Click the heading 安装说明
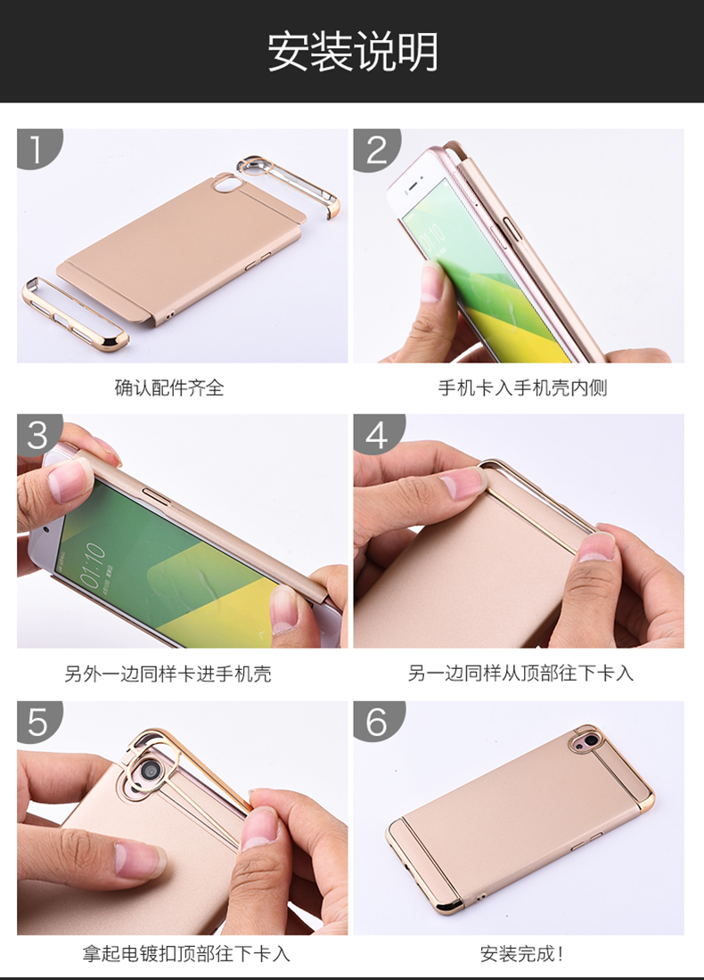tap(353, 52)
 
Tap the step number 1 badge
tap(37, 148)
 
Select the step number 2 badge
tap(376, 149)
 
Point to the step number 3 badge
tap(37, 435)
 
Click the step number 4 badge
tap(376, 435)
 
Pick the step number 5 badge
tap(37, 722)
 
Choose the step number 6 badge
tap(376, 722)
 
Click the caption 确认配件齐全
tap(169, 388)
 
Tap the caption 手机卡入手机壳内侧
tap(523, 388)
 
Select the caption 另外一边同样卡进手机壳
tap(168, 674)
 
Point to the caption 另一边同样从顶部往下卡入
tap(520, 674)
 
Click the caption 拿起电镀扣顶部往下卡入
tap(186, 953)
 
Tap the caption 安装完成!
tap(522, 954)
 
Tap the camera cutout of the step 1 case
tap(225, 184)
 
